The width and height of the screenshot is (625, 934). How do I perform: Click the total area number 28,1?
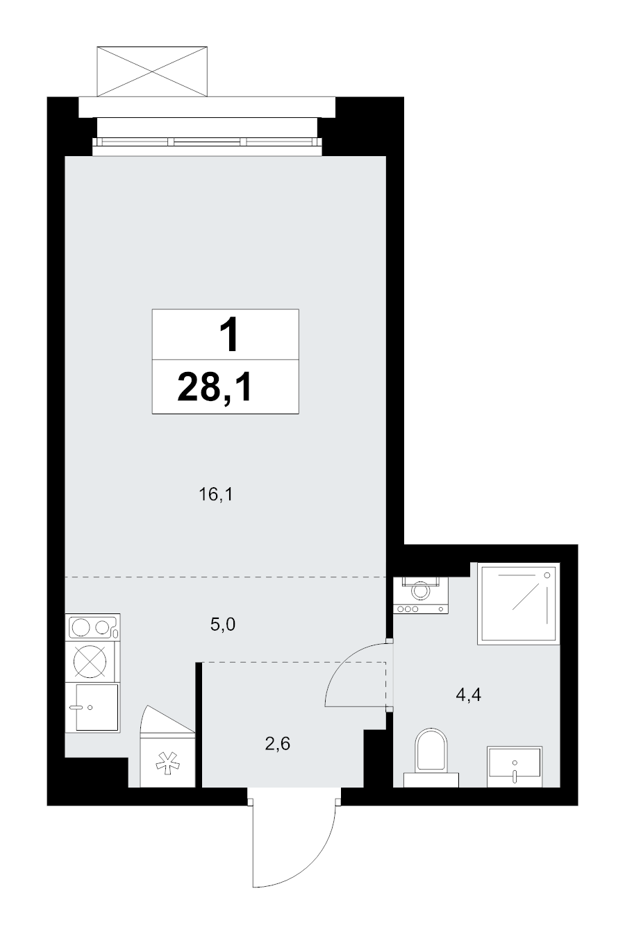pos(215,387)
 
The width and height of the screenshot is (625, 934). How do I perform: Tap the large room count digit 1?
pos(229,334)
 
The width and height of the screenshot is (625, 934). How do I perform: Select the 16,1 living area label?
pos(215,495)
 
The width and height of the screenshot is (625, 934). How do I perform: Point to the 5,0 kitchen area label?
pos(223,625)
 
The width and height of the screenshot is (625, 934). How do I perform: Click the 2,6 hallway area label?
pos(278,743)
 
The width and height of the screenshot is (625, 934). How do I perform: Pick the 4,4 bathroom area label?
pos(468,695)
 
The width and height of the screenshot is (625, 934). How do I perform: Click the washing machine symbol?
pos(421,595)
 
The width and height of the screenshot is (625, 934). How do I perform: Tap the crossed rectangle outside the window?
pos(152,71)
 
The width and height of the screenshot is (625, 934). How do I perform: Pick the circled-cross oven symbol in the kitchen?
pos(90,661)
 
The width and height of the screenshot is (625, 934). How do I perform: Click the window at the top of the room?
pos(208,142)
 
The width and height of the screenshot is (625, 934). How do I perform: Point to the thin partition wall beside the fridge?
pos(199,724)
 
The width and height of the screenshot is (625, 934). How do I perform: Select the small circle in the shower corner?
pos(547,575)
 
